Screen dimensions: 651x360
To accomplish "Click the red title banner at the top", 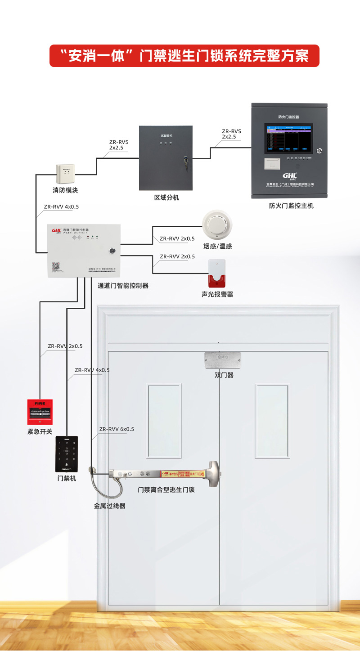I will [184, 56].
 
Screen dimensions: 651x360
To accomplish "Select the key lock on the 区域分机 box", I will [184, 159].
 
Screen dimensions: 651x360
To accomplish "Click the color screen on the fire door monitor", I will [288, 139].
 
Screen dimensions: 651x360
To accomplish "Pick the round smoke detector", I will [217, 225].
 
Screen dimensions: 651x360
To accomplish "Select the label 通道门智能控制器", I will [123, 285].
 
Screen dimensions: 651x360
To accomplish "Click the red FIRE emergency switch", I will [40, 412].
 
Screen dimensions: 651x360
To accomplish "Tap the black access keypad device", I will [67, 454].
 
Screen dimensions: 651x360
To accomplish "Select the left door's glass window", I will [165, 420].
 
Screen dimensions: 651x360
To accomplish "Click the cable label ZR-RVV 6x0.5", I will [117, 429].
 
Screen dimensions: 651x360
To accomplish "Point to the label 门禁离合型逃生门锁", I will [166, 489].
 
